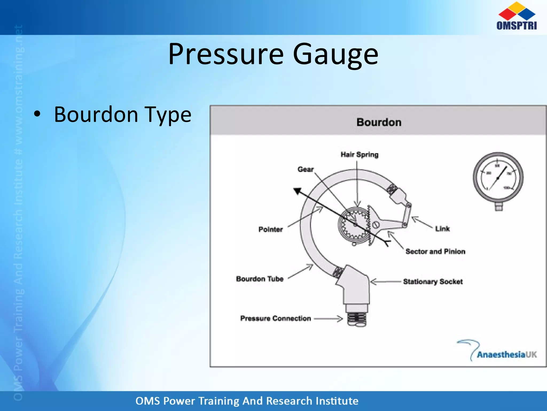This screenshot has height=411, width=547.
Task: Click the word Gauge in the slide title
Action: [335, 54]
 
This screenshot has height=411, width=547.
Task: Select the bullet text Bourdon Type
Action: [123, 115]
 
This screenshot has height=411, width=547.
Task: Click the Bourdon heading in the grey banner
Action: [379, 122]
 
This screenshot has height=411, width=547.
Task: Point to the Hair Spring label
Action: [360, 155]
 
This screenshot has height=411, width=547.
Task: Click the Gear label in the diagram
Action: [306, 169]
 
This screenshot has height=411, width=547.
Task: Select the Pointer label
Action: [271, 229]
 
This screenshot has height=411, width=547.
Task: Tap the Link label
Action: [442, 229]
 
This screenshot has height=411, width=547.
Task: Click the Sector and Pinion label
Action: [435, 252]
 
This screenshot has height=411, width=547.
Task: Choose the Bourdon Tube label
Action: [260, 279]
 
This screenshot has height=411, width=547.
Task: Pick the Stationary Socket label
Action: [433, 281]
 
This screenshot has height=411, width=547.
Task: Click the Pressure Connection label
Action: [275, 318]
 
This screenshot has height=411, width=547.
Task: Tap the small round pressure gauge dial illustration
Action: [498, 178]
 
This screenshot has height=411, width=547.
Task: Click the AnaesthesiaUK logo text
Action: [506, 355]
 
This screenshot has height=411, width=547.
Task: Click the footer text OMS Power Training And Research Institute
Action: [247, 401]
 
